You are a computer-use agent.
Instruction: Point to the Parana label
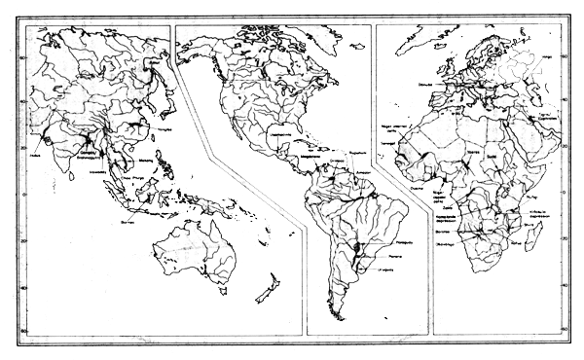(x=389, y=259)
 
